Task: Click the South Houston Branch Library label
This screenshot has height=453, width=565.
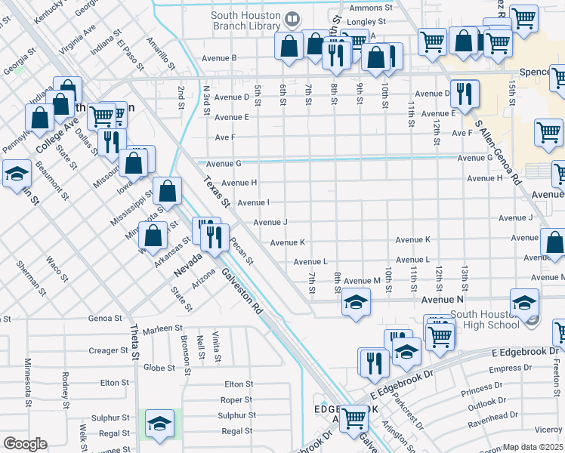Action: [x=236, y=20]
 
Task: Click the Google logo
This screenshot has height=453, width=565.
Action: [x=24, y=444]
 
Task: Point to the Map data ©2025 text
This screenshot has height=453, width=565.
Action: [x=533, y=447]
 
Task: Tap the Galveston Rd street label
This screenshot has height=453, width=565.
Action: [x=242, y=294]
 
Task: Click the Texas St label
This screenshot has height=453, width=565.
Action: [x=216, y=192]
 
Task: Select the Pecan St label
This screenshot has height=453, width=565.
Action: [x=242, y=251]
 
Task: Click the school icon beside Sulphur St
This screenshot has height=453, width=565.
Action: [x=159, y=424]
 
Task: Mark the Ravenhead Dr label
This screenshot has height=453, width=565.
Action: [x=492, y=415]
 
